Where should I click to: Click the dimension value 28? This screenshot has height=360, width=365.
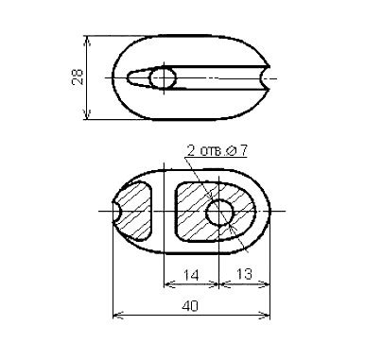point(78,77)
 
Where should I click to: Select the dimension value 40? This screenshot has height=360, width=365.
point(190,305)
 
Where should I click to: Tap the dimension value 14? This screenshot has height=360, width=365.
point(191,275)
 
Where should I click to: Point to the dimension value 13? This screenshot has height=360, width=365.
point(244,274)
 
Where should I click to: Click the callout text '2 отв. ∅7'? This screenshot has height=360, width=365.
point(217,151)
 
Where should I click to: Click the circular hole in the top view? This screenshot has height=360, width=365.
point(163,78)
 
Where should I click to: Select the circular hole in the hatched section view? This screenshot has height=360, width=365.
point(219,213)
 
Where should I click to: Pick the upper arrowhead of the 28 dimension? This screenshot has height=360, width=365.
point(88,41)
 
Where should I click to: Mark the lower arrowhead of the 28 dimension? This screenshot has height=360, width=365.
point(88,114)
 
